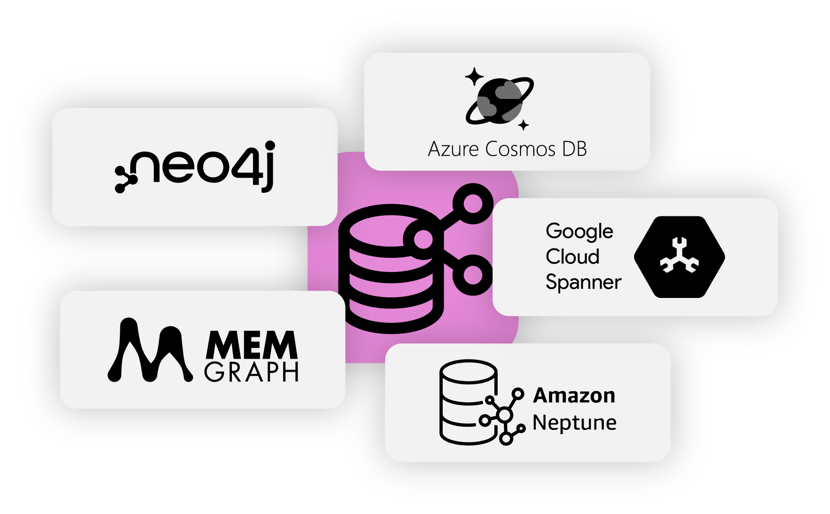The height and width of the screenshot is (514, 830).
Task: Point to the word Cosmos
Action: [520, 149]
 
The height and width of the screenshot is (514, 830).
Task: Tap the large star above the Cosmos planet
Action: [474, 76]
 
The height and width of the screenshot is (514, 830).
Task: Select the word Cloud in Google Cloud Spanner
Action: [572, 257]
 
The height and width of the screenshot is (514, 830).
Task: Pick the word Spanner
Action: [583, 282]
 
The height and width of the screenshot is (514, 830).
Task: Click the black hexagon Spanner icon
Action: [679, 257]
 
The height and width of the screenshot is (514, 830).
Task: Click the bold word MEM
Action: [251, 345]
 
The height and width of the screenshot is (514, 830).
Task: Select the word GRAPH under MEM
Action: [251, 372]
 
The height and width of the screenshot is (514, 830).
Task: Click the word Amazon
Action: [574, 395]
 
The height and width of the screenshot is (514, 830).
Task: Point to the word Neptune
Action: [574, 423]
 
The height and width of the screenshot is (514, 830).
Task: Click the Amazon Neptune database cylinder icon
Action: [468, 402]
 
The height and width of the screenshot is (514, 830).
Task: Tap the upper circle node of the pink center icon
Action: [473, 204]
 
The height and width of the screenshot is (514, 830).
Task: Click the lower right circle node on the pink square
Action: [473, 275]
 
